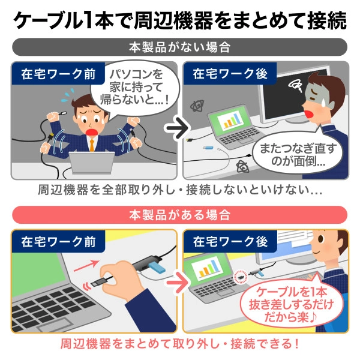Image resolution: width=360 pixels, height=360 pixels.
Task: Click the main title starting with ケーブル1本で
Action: [180, 19]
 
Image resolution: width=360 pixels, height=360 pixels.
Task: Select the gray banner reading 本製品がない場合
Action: [180, 47]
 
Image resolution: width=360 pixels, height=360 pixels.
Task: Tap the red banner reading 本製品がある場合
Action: [180, 214]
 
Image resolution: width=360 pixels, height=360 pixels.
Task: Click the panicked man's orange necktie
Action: [91, 144]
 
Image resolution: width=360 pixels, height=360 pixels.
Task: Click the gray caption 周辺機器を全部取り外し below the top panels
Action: [180, 191]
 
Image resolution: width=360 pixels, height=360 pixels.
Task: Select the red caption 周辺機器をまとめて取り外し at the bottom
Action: [180, 346]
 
